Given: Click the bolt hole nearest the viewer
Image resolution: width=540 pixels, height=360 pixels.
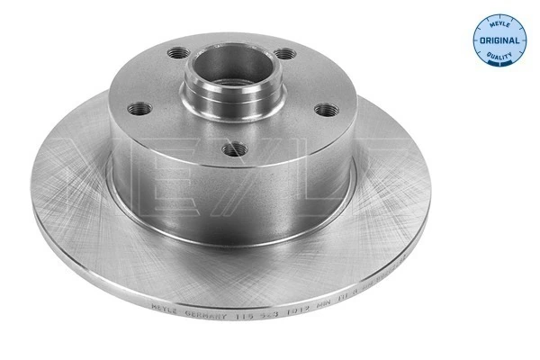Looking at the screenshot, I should [x=233, y=147].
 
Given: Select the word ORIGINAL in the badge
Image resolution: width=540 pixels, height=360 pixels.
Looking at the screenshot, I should [x=499, y=40].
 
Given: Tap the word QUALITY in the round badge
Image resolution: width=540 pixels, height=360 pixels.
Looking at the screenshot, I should [x=500, y=57].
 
